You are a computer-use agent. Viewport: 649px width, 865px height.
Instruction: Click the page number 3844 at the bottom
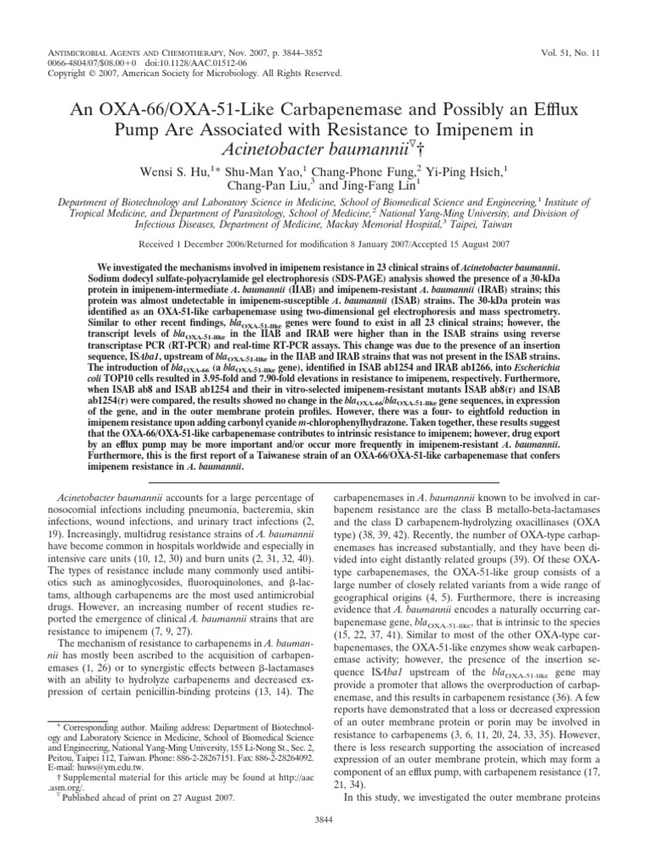point(324,842)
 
